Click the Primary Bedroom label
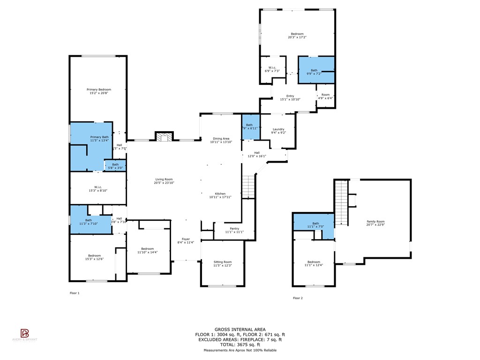point(98,90)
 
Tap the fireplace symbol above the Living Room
point(164,136)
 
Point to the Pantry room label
point(234,228)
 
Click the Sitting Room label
point(223,262)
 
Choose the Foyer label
point(186,239)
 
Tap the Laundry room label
point(278,129)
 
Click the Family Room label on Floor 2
point(375,222)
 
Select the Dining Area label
point(221,139)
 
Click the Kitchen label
point(220,194)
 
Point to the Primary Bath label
point(99,136)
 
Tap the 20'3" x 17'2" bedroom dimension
point(297,37)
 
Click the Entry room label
point(290,96)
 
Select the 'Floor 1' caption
point(75,293)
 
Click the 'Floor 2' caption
point(298,298)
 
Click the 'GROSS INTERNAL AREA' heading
point(240,330)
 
